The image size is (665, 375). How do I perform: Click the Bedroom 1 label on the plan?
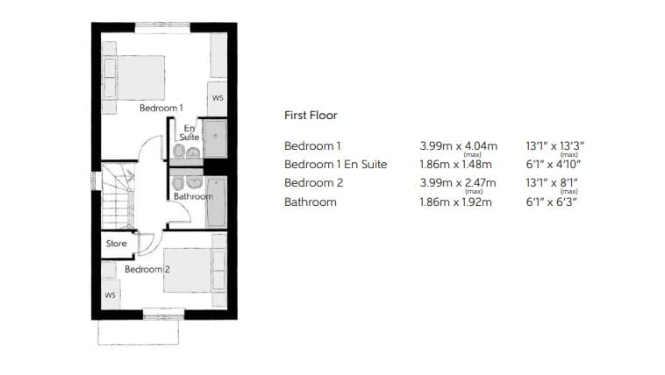coord(161,108)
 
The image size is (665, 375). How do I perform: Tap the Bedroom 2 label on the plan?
coord(147,270)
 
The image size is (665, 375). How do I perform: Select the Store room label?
coord(116,244)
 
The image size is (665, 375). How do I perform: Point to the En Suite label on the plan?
coord(189,132)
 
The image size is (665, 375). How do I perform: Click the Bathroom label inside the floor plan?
coord(193,196)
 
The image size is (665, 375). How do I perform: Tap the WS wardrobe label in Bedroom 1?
coord(218,98)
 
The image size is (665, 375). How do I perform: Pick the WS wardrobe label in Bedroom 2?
coord(110,295)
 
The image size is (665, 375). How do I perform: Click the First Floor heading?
coord(311,116)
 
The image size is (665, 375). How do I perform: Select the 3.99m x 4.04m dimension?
coord(459,146)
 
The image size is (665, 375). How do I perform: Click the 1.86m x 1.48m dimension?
coord(455,165)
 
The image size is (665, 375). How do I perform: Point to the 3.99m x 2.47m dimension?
coord(458,183)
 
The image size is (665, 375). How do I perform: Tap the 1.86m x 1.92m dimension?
coord(455,202)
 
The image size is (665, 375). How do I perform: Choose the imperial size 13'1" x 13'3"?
coord(554,146)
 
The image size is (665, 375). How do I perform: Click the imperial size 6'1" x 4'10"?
coord(553,165)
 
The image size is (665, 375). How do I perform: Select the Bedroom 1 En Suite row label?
coord(335,165)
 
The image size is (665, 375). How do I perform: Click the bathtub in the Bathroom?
coord(217,202)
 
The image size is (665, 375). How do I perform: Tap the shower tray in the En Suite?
coord(215,138)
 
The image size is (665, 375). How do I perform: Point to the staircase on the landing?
coord(118,196)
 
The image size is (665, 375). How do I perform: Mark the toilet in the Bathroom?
coord(178,183)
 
